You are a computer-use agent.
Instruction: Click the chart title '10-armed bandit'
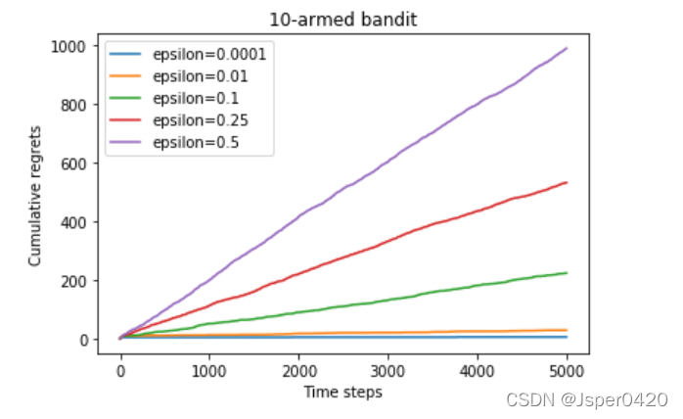click(x=342, y=19)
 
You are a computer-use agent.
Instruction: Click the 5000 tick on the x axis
click(x=567, y=373)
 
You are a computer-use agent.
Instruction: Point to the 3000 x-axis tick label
click(x=387, y=373)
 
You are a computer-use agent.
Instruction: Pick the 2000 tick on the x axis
click(x=298, y=373)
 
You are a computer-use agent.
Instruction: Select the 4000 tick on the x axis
click(x=478, y=373)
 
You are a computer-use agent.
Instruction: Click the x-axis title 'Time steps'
click(x=342, y=392)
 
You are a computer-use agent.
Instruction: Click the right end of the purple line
click(x=567, y=48)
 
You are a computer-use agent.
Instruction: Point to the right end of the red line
click(x=567, y=182)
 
